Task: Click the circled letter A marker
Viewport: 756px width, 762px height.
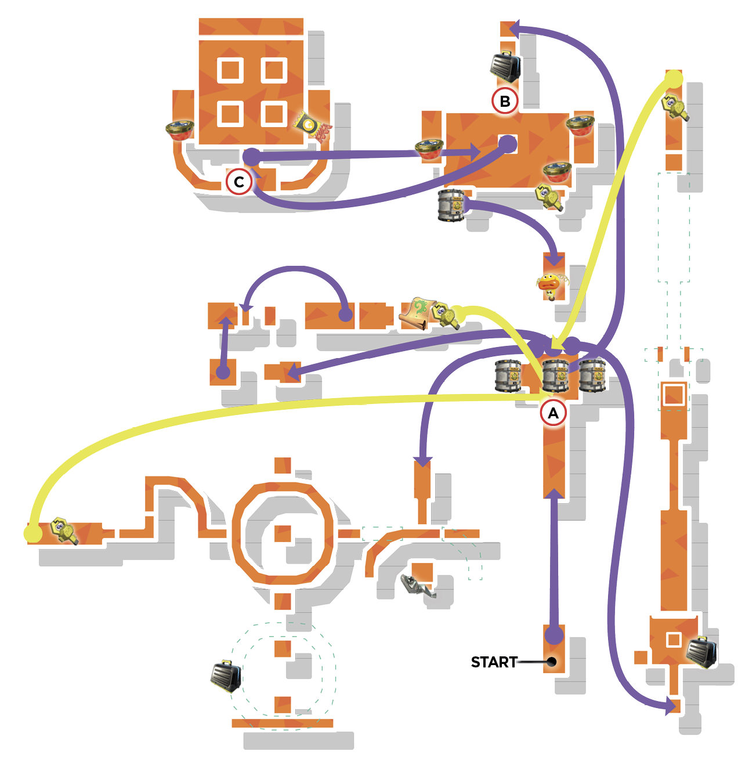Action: tap(553, 413)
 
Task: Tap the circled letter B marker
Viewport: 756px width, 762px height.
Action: tap(505, 101)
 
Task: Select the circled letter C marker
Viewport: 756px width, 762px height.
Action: tap(239, 182)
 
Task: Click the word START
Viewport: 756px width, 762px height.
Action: tap(494, 662)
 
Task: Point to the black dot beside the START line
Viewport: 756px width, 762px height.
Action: tap(552, 662)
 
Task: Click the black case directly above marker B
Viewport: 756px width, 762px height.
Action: tap(505, 66)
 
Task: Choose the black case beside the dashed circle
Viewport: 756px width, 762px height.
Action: tap(226, 676)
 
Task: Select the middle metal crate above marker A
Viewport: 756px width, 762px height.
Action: tap(555, 377)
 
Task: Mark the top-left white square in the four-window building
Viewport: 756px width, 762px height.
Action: tap(230, 70)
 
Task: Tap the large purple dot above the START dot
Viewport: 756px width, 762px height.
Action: tap(554, 635)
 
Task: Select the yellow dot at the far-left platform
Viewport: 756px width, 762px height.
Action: tap(32, 533)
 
